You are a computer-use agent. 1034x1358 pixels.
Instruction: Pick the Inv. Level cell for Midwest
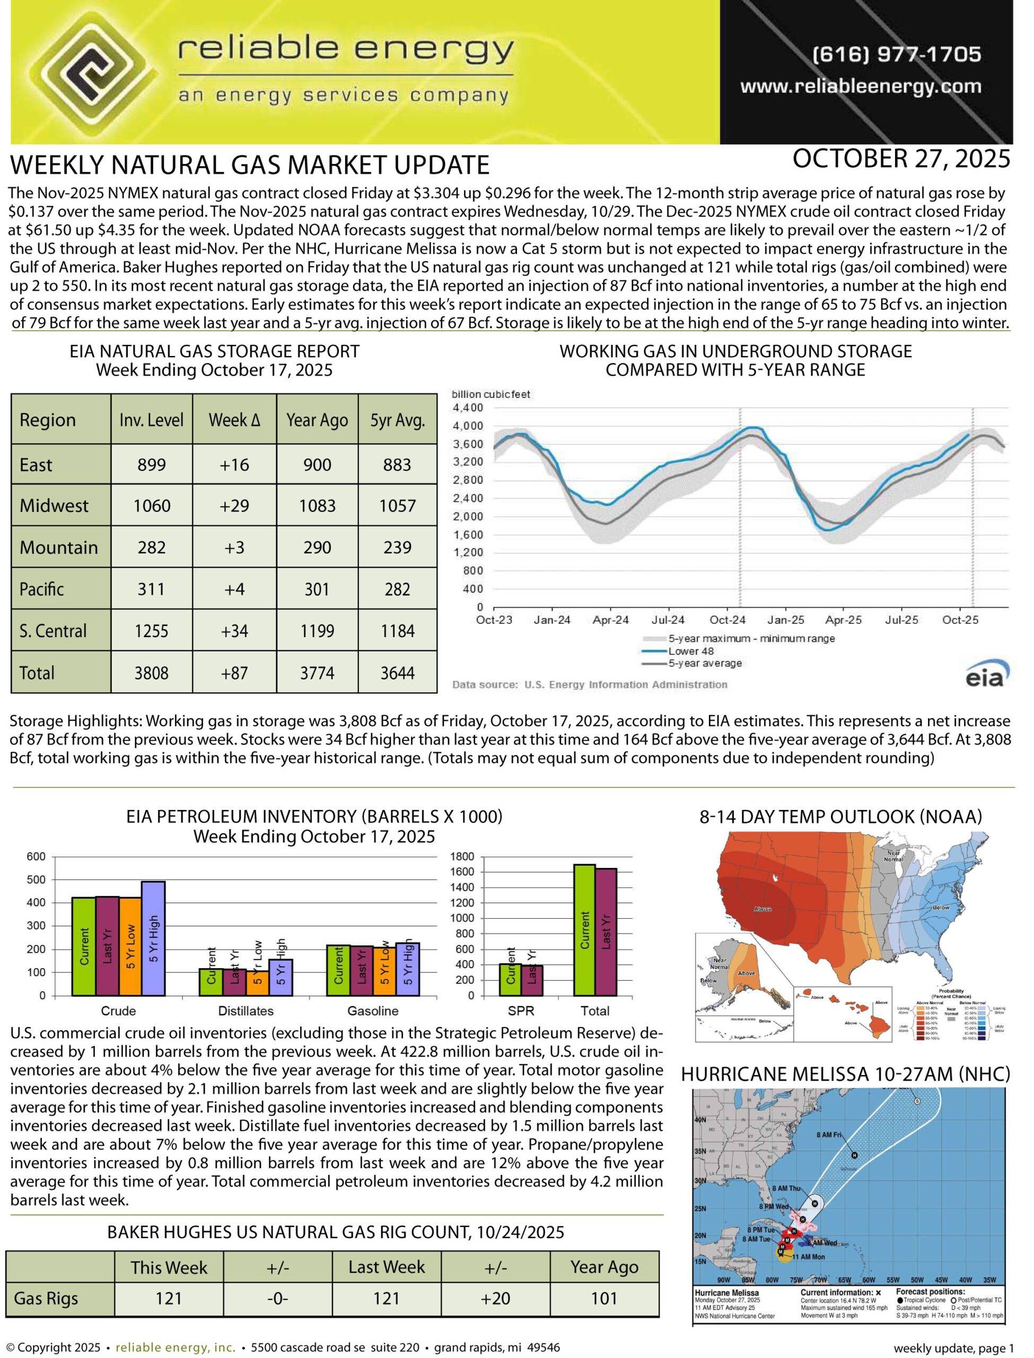click(x=152, y=506)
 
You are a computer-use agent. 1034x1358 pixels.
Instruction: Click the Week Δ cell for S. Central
click(x=234, y=631)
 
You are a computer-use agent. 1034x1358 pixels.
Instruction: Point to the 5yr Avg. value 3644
click(x=397, y=673)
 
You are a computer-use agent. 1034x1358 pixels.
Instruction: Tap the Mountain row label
click(x=59, y=547)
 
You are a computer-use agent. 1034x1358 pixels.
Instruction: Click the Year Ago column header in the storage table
click(x=317, y=421)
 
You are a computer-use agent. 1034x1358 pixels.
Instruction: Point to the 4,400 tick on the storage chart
click(x=468, y=407)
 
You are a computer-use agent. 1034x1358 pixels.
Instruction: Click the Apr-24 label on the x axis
click(x=610, y=620)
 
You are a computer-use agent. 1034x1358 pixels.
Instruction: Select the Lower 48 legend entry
click(x=690, y=651)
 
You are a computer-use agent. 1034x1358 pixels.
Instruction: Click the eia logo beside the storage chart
click(x=987, y=674)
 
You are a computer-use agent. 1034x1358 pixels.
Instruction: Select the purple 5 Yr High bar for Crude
click(x=153, y=938)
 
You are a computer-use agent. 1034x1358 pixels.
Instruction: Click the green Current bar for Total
click(x=584, y=929)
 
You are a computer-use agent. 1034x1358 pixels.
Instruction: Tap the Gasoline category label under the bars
click(x=372, y=1010)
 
